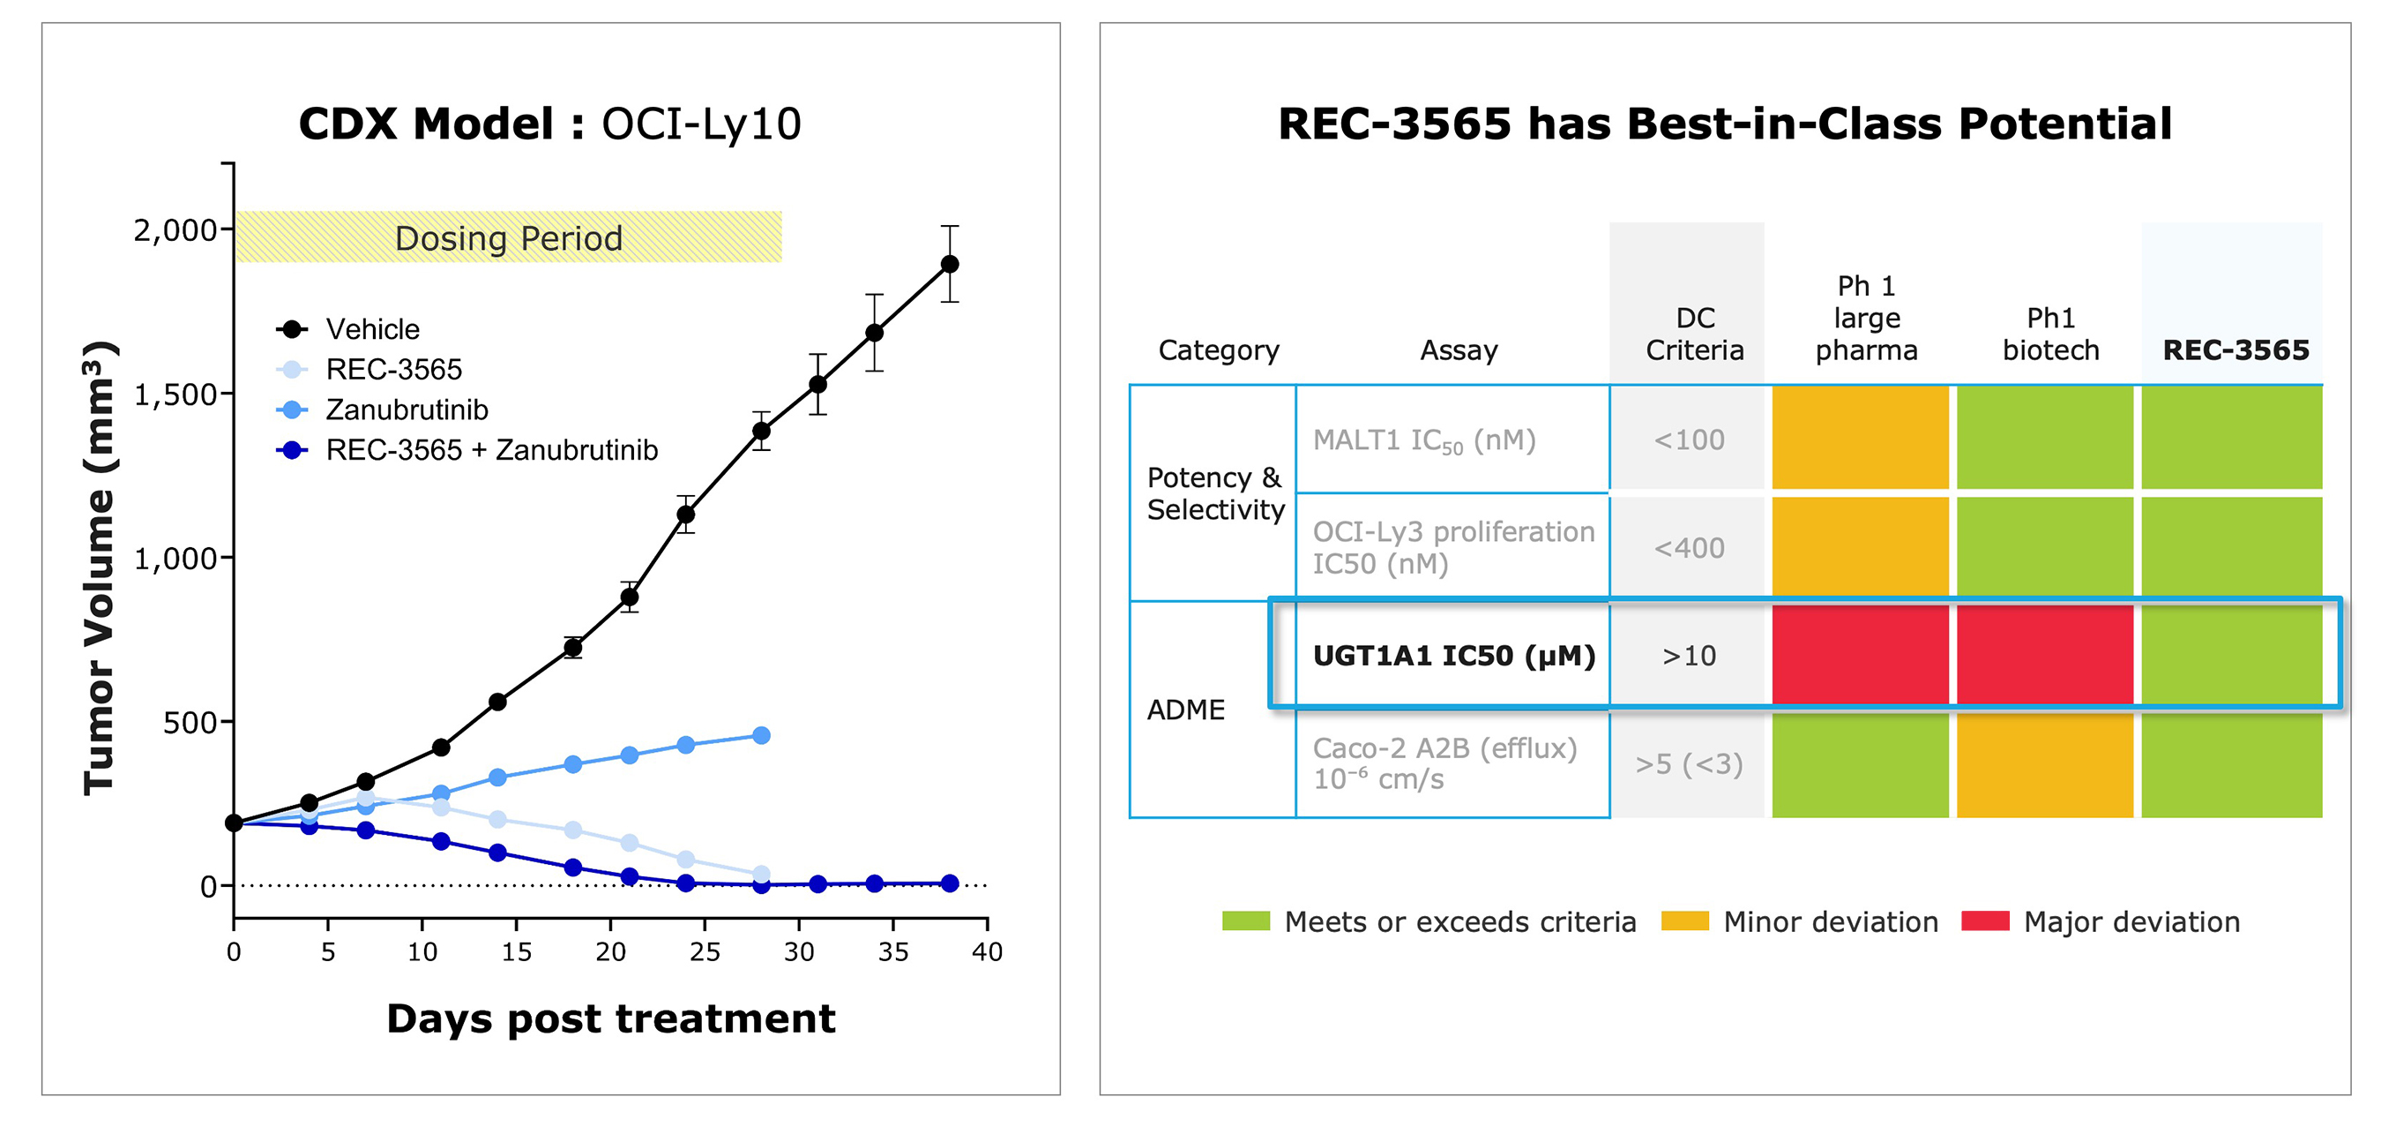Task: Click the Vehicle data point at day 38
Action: point(949,264)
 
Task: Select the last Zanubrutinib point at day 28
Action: point(761,735)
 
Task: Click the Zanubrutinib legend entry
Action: point(406,409)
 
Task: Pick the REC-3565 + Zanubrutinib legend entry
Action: point(491,450)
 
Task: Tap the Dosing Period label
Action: point(508,238)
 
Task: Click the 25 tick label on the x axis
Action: point(705,951)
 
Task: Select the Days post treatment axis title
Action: point(610,1018)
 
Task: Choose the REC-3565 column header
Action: point(2235,349)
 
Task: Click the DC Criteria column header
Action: point(1694,334)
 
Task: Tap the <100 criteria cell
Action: point(1689,440)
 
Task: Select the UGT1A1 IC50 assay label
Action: point(1453,656)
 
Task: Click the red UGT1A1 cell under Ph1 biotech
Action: point(2044,656)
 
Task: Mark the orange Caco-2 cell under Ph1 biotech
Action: point(2044,763)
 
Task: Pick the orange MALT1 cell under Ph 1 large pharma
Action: point(1860,438)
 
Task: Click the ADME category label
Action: point(1185,710)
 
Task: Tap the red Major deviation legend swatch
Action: point(1984,921)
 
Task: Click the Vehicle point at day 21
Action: point(630,597)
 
